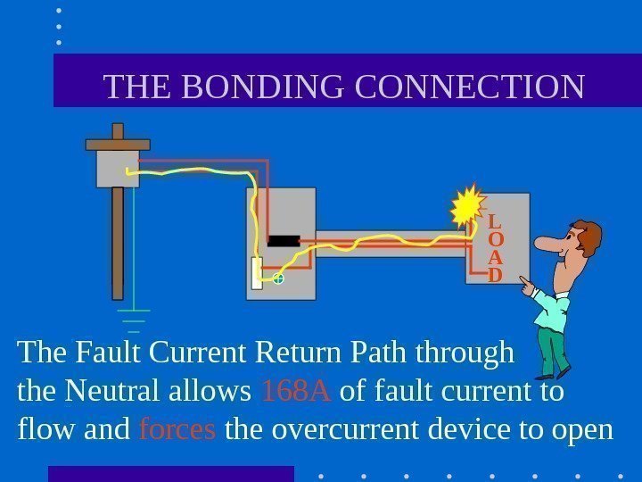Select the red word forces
click(177, 429)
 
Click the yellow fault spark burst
click(467, 208)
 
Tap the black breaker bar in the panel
click(283, 240)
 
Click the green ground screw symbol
click(278, 279)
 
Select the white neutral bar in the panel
click(258, 273)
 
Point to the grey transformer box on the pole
click(118, 167)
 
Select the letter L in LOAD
click(496, 221)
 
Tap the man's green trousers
click(552, 351)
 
